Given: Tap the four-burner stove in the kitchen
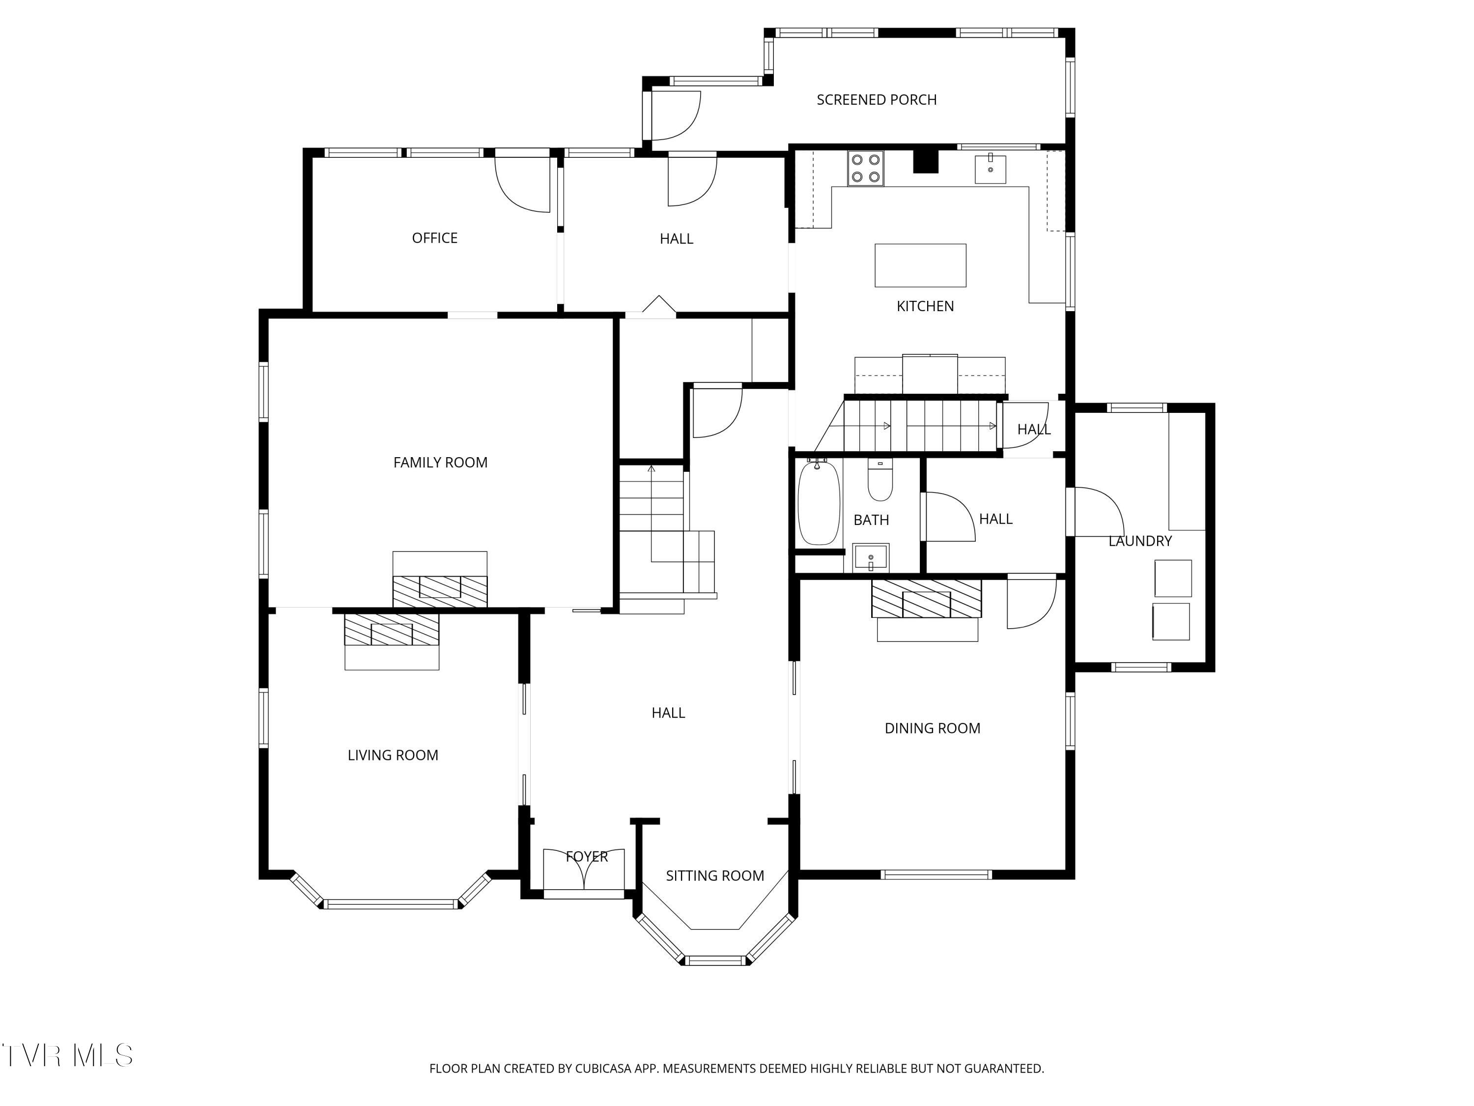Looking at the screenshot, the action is point(866,169).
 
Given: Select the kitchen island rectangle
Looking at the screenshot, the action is point(920,265).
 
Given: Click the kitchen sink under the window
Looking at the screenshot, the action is point(990,169).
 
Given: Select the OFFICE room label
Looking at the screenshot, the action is point(434,238).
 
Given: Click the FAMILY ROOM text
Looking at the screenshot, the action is point(440,463).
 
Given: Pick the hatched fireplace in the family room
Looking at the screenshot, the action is point(440,591).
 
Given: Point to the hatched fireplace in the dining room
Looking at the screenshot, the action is point(926,598).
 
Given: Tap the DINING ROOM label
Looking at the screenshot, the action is point(932,728).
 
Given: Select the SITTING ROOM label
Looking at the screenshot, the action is point(715,876).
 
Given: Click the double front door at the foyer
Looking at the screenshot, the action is point(584,871).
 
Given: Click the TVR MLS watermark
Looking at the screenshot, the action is point(67,1055).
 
